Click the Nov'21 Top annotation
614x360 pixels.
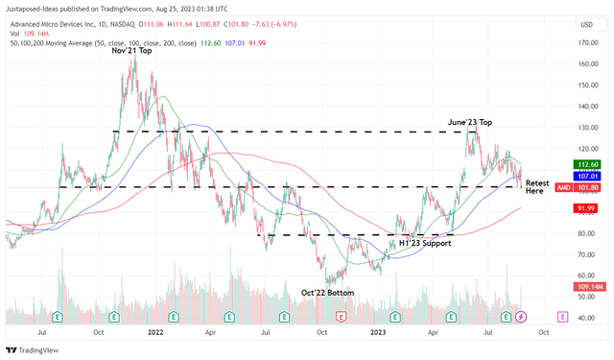point(131,51)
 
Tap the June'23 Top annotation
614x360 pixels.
point(469,123)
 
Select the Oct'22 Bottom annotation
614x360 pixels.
point(328,292)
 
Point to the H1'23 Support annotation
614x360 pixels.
point(425,243)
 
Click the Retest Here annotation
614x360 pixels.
point(537,186)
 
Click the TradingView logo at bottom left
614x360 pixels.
point(34,349)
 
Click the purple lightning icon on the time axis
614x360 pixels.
point(521,316)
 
